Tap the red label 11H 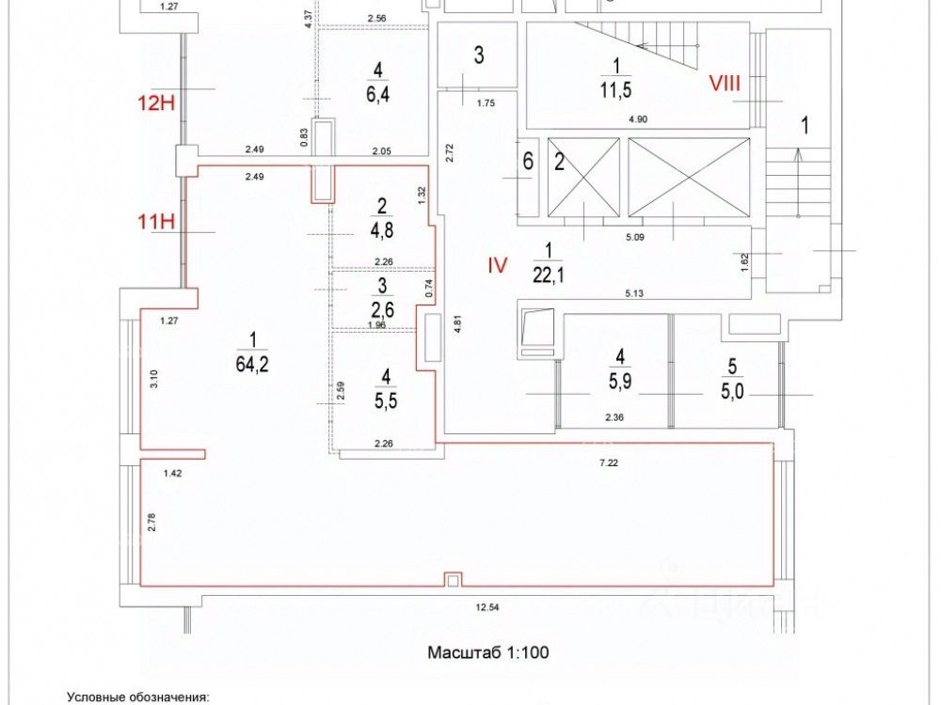[x=156, y=223]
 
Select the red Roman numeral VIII [x=726, y=84]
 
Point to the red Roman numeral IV [x=497, y=266]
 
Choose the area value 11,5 [x=616, y=94]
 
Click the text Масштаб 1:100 [x=487, y=651]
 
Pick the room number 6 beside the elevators [x=528, y=162]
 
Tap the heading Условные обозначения [x=137, y=697]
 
